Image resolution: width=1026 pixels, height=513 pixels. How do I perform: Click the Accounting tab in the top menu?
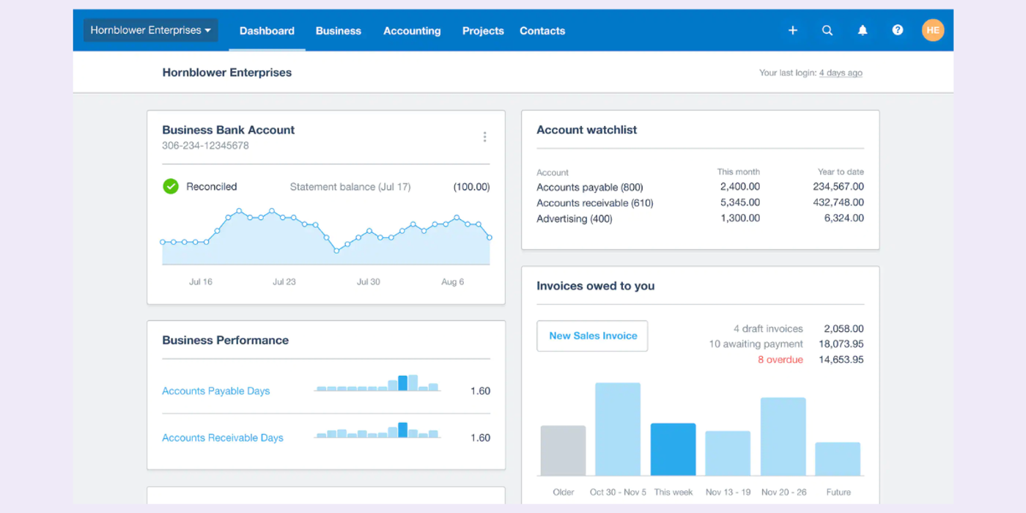[412, 31]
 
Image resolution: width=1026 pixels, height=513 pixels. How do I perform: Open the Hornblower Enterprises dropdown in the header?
[150, 30]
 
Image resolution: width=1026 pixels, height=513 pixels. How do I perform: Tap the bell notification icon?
[863, 31]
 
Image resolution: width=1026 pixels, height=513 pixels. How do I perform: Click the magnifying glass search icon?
[827, 31]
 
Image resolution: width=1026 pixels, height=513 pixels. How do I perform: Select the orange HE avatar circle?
[932, 30]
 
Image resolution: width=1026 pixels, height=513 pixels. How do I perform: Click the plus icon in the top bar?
[792, 31]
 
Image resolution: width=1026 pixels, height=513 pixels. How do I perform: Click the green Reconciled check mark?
[171, 187]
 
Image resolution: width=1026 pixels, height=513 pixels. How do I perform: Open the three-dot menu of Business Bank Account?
[484, 137]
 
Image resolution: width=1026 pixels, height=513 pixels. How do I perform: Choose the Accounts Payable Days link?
[215, 391]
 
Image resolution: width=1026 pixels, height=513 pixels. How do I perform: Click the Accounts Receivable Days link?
[222, 438]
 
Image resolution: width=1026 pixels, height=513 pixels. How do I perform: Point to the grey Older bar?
[563, 451]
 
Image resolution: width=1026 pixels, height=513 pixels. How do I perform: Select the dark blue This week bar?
[673, 449]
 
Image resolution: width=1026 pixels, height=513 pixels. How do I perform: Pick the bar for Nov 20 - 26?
[783, 437]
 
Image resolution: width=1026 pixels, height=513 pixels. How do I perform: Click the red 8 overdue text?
[780, 360]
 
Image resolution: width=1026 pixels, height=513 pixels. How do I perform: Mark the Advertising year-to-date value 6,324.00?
[844, 218]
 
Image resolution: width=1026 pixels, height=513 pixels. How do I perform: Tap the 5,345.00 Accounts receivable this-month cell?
[739, 203]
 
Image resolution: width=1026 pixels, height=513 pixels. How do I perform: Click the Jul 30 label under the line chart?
[368, 282]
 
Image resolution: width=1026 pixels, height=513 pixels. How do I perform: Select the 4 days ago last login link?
[841, 73]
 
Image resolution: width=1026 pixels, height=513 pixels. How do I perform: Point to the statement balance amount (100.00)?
[471, 187]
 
